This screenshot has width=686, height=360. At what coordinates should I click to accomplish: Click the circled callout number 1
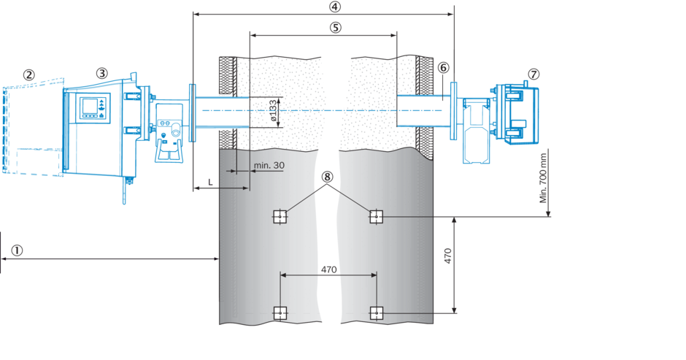pos(17,250)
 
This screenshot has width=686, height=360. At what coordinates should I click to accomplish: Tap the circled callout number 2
pos(28,74)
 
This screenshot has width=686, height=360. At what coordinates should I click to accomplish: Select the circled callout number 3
pos(101,73)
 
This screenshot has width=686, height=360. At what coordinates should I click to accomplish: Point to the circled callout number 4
pos(335,7)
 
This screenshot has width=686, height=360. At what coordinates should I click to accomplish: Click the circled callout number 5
pos(335,27)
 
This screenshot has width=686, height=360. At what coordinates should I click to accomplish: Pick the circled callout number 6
pos(443,67)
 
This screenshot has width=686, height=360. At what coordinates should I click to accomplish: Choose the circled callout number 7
pos(534,74)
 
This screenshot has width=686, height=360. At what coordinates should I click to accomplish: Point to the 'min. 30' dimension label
pos(269,166)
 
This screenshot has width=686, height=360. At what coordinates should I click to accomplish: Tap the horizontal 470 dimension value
pos(328,269)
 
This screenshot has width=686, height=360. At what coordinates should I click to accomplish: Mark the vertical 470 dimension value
pos(448,256)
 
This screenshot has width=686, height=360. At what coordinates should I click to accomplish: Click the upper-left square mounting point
pos(279,216)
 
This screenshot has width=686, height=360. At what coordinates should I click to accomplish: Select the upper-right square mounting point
pos(375,216)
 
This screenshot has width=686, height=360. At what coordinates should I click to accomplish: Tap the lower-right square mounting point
pos(375,313)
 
